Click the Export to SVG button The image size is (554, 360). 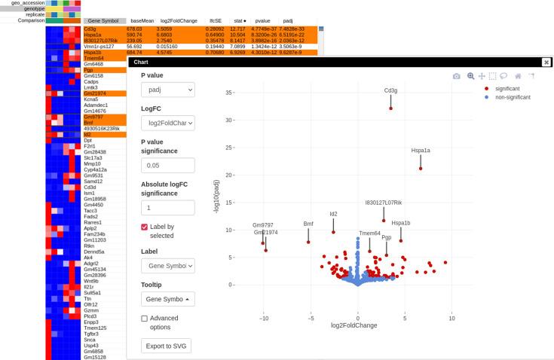pyautogui.click(x=167, y=346)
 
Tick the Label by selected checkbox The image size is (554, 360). pyautogui.click(x=145, y=227)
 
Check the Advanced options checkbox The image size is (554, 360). pyautogui.click(x=145, y=319)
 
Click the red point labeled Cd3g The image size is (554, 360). pyautogui.click(x=390, y=108)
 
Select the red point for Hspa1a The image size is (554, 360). pyautogui.click(x=421, y=168)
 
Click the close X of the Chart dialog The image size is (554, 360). pyautogui.click(x=546, y=63)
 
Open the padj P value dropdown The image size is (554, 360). pyautogui.click(x=167, y=90)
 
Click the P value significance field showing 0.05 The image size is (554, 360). pyautogui.click(x=167, y=165)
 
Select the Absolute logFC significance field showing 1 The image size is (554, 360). pyautogui.click(x=167, y=207)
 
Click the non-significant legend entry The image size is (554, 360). pyautogui.click(x=513, y=98)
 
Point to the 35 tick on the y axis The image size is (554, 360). pyautogui.click(x=228, y=93)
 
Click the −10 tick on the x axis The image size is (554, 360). pyautogui.click(x=264, y=319)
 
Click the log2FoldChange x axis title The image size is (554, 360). pyautogui.click(x=354, y=326)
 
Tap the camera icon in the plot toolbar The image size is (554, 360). pyautogui.click(x=457, y=76)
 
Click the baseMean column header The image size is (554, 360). pyautogui.click(x=142, y=21)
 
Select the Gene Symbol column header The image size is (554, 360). pyautogui.click(x=104, y=21)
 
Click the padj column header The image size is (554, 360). pyautogui.click(x=288, y=21)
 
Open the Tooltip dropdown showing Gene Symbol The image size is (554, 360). pyautogui.click(x=167, y=299)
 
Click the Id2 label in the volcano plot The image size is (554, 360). pyautogui.click(x=333, y=215)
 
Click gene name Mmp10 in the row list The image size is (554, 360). pyautogui.click(x=92, y=163)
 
